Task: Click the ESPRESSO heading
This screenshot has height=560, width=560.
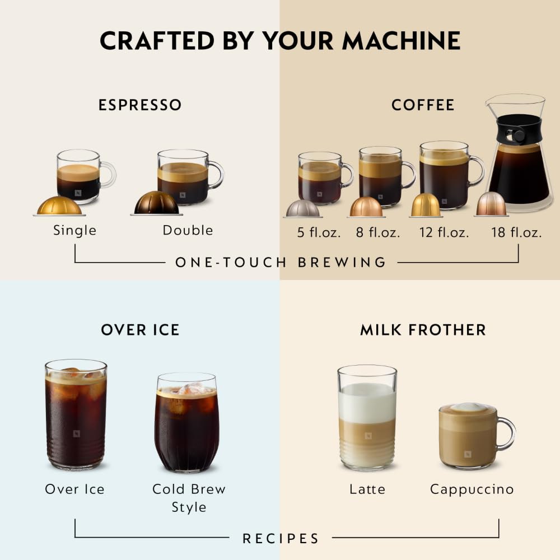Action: click(140, 105)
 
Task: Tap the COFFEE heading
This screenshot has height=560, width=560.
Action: click(423, 105)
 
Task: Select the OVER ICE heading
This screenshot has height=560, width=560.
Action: click(140, 330)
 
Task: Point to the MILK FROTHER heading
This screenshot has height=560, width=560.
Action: click(423, 330)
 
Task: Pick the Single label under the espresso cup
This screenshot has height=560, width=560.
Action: click(75, 230)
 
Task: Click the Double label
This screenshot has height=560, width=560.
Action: click(188, 230)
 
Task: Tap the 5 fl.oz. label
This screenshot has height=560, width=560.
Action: click(319, 232)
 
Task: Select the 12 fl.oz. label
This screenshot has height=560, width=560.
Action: click(444, 232)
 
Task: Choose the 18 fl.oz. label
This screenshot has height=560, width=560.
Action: click(516, 232)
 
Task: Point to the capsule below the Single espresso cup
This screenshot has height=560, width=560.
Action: click(59, 206)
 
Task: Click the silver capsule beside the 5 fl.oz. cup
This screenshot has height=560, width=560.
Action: click(302, 208)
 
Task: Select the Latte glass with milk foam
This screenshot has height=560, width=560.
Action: click(367, 417)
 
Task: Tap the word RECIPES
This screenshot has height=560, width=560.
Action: click(281, 539)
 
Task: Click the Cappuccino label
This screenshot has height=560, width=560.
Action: click(472, 489)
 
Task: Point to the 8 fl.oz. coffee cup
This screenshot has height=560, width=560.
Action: click(381, 176)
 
